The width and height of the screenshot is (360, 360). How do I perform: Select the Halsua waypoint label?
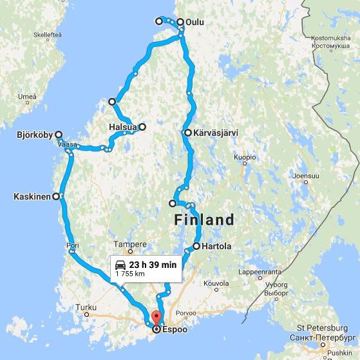pos(122,127)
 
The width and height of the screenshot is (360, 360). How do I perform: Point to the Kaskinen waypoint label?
pos(32,196)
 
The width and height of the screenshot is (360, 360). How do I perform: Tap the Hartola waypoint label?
pos(216,246)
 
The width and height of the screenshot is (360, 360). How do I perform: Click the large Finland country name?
pos(204,220)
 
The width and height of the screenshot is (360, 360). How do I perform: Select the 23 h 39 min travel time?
pos(153,265)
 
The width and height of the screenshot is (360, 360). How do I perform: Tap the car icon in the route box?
pos(120,265)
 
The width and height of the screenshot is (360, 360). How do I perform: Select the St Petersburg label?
pos(322,329)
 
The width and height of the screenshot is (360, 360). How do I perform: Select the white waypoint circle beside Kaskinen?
pos(56,196)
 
